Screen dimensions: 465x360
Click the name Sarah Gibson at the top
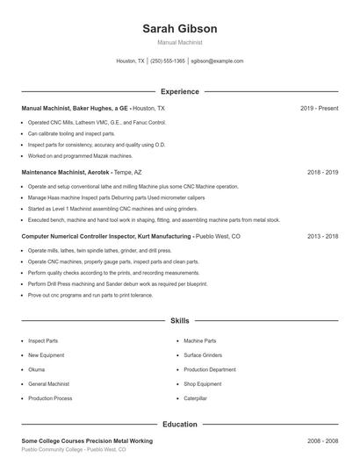pyautogui.click(x=180, y=29)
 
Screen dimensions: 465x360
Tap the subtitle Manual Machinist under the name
pyautogui.click(x=180, y=42)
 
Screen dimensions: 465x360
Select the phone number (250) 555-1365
pyautogui.click(x=168, y=61)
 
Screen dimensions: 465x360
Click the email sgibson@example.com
pyautogui.click(x=217, y=61)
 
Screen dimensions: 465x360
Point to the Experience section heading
pyautogui.click(x=180, y=91)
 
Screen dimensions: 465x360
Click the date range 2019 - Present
pyautogui.click(x=319, y=108)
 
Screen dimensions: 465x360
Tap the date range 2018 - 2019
pyautogui.click(x=322, y=172)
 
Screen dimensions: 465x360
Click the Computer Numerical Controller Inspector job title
pyautogui.click(x=106, y=236)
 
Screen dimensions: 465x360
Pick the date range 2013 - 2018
pyautogui.click(x=322, y=236)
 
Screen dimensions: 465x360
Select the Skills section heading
pyautogui.click(x=180, y=322)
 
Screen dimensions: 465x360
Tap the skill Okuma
pyautogui.click(x=36, y=369)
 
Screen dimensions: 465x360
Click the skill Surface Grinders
pyautogui.click(x=204, y=355)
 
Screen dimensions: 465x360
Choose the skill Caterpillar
pyautogui.click(x=196, y=398)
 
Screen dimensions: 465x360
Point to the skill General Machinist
pyautogui.click(x=49, y=384)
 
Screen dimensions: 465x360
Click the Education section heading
pyautogui.click(x=180, y=424)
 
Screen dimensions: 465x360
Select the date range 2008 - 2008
pyautogui.click(x=322, y=440)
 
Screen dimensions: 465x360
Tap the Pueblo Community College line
pyautogui.click(x=74, y=449)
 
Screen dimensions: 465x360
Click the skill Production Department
pyautogui.click(x=210, y=369)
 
